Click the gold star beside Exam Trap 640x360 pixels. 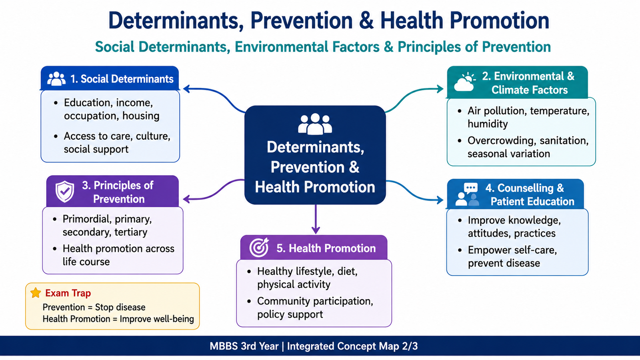pos(36,292)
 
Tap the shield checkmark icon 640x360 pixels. pos(65,192)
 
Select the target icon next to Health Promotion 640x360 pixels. pos(259,247)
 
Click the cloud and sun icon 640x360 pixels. pos(464,82)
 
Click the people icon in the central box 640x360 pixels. pos(315,124)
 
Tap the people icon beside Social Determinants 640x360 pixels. pos(56,78)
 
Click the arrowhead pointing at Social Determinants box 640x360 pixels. pos(186,89)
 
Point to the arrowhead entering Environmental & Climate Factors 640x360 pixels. pos(440,89)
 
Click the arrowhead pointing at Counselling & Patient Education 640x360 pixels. pos(440,200)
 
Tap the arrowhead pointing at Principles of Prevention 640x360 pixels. pos(186,199)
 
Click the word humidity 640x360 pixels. pos(488,124)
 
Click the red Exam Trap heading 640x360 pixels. pos(68,293)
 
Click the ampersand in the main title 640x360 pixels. pos(366,20)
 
